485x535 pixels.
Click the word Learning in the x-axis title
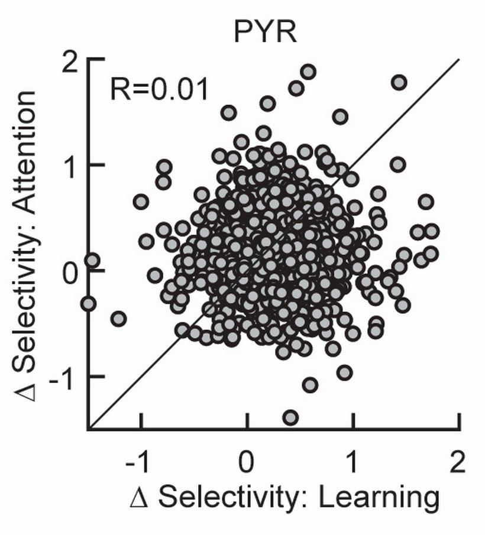click(x=379, y=498)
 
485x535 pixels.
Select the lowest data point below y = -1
click(x=290, y=417)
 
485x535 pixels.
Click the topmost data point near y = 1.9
click(x=308, y=72)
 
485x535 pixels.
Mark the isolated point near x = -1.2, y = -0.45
click(x=119, y=319)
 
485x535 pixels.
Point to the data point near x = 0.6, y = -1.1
click(x=310, y=385)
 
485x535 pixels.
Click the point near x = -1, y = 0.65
click(x=141, y=202)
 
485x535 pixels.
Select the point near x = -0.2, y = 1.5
click(x=229, y=112)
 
